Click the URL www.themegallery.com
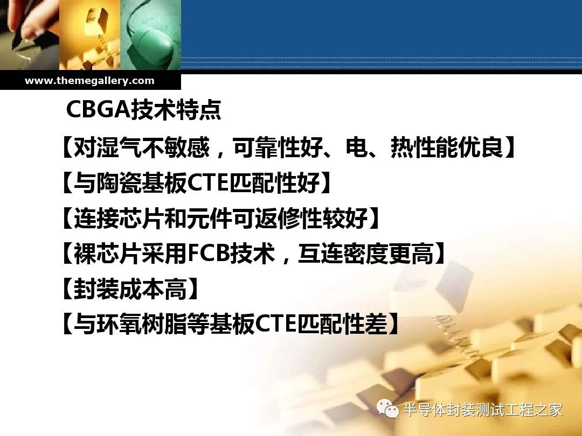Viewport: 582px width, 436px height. (89, 81)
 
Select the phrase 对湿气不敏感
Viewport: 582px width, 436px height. (142, 147)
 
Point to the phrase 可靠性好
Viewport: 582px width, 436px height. (278, 147)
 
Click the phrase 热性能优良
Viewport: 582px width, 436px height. (447, 147)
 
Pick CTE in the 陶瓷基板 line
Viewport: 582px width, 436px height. (209, 183)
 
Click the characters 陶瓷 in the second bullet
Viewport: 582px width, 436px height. (119, 183)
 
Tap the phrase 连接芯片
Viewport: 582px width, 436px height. (119, 219)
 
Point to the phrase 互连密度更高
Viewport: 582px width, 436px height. (366, 254)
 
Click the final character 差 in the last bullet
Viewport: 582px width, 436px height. (376, 324)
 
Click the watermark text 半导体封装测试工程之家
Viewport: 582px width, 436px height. (482, 410)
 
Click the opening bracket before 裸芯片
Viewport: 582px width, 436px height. (67, 254)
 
